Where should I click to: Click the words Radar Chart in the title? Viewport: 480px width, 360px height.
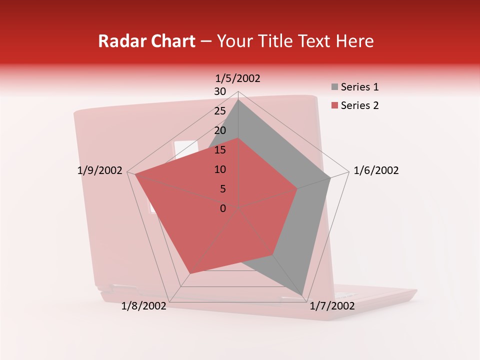coord(146,41)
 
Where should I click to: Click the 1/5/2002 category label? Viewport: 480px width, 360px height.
coord(238,78)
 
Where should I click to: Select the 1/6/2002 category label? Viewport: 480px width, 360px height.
coord(376,170)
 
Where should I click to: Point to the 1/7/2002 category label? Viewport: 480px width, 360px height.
coord(332,306)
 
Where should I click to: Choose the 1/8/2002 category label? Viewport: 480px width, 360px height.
coord(144,306)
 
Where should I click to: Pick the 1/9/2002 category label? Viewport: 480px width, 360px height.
coord(100,170)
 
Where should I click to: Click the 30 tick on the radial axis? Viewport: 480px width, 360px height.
coord(220,91)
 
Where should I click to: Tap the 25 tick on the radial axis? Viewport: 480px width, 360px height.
coord(220,111)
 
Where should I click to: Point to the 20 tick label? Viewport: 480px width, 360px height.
coord(220,130)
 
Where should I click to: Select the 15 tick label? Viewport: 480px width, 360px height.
coord(220,150)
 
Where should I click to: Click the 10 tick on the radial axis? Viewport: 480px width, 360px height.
coord(220,169)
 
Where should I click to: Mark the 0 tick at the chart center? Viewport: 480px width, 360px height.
coord(223,208)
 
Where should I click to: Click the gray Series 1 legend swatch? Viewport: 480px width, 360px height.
coord(334,87)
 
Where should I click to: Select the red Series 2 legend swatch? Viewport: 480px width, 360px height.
coord(334,105)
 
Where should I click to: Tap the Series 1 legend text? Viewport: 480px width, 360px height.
coord(359,87)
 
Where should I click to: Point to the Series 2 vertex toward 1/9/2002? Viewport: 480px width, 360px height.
coord(135,174)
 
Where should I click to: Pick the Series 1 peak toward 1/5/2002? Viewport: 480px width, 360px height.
coord(238,99)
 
